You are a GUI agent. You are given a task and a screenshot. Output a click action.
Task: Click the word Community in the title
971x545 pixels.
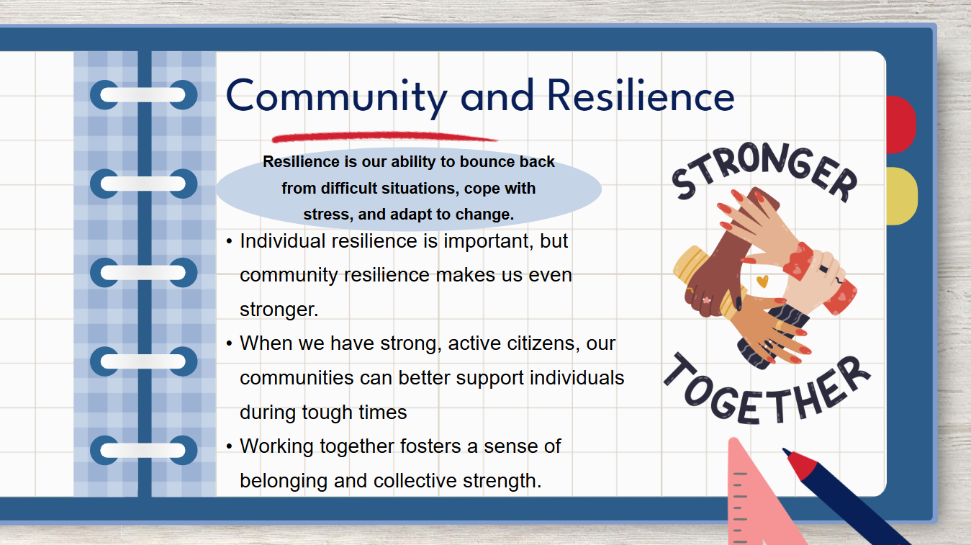point(336,97)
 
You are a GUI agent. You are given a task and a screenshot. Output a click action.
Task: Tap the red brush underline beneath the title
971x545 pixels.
point(384,137)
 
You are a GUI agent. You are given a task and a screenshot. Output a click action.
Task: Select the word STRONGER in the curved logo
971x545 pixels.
point(764,172)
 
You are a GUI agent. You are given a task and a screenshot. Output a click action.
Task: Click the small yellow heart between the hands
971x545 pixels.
point(762,281)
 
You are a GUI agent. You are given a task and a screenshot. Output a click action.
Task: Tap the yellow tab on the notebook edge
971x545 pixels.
point(902,196)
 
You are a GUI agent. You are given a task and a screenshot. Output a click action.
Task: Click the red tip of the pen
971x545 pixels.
point(801,464)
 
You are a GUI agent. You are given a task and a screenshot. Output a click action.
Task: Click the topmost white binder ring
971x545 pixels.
point(143,94)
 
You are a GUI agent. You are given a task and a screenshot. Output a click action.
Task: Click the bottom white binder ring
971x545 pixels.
point(143,450)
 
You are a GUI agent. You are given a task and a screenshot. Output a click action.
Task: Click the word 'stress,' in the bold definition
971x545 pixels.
point(328,215)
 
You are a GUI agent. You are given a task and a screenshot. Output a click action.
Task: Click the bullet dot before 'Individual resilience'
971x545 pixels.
point(230,241)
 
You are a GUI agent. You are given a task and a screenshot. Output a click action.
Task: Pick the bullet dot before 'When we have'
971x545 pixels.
point(230,344)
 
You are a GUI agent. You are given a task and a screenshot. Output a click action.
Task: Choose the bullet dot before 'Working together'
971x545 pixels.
point(230,446)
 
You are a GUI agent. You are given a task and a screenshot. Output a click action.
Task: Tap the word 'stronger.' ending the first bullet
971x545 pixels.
point(279,310)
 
